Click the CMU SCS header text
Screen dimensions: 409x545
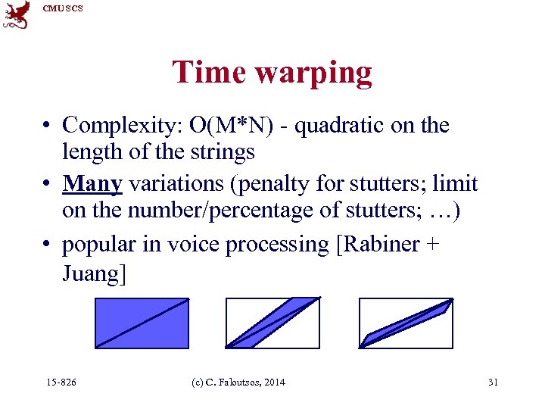click(63, 8)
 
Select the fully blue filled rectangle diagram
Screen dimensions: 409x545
click(142, 323)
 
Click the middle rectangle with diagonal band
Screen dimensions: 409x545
click(274, 323)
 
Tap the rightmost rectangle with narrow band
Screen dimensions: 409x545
click(406, 323)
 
